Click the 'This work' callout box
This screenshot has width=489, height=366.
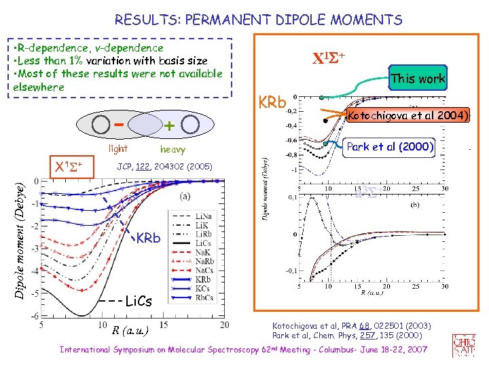point(418,79)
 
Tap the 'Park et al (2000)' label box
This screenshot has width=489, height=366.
point(391,146)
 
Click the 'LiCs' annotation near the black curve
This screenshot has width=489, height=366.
point(143,300)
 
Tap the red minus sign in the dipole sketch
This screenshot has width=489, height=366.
point(118,124)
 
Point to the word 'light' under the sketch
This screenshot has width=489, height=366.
point(118,148)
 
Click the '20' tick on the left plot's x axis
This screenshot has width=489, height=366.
point(224,324)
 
